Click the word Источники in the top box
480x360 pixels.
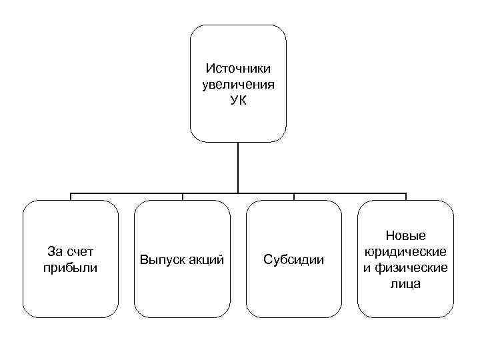238,69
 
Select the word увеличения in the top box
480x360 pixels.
238,84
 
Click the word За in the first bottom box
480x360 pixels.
55,252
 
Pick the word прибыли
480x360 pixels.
70,267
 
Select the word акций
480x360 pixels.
206,259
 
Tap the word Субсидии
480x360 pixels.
294,259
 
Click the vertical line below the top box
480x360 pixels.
238,167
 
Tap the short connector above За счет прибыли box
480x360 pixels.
71,197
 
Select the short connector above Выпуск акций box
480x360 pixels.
183,197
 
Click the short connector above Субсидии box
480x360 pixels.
294,197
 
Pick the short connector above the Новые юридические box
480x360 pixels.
405,197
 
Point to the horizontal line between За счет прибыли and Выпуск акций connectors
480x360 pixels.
127,193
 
